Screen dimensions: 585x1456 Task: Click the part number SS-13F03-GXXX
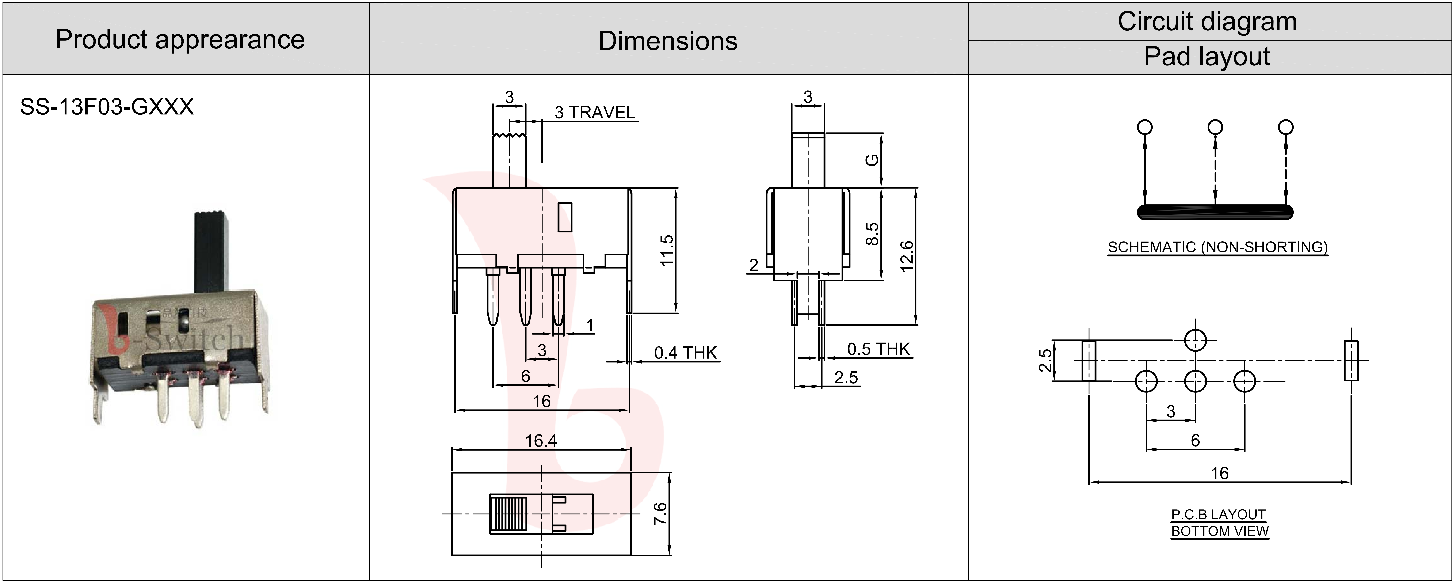107,107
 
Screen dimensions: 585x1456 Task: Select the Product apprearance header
180,39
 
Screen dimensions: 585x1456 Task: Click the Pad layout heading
1207,57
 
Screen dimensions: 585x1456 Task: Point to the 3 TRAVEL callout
595,113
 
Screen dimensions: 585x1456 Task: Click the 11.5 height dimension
667,250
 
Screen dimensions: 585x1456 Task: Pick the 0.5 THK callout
878,349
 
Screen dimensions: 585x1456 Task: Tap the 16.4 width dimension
541,440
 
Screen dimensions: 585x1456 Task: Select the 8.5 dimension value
872,233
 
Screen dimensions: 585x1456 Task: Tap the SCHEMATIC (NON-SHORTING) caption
1217,247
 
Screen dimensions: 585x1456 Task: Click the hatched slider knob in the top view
508,513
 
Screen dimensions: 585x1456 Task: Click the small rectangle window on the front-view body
565,217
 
